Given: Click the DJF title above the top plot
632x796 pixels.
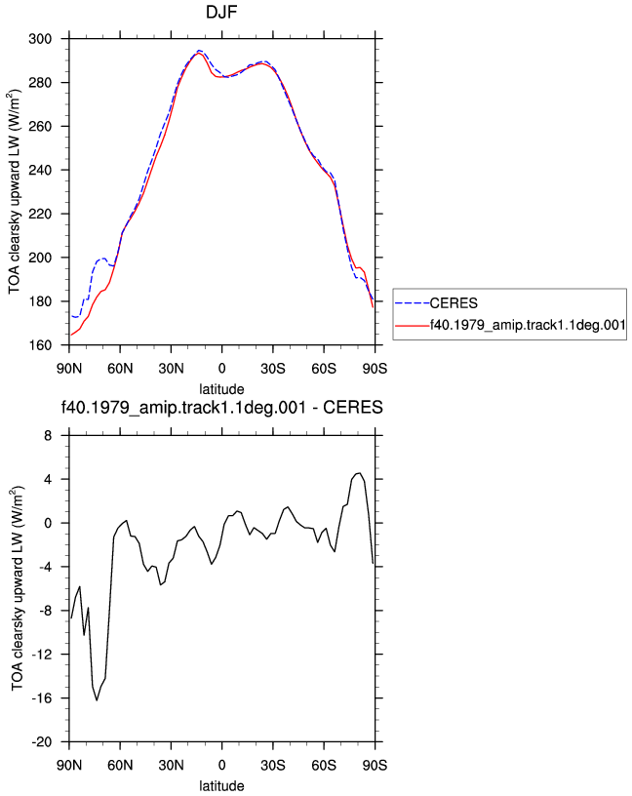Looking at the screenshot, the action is [221, 12].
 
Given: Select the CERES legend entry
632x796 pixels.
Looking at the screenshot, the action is [437, 303].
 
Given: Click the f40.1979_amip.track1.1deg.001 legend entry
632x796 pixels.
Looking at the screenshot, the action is [510, 325].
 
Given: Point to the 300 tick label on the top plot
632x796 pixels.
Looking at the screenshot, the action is [40, 39].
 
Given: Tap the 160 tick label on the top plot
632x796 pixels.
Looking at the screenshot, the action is [40, 345].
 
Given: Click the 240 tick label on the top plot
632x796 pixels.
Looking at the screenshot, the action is [40, 170].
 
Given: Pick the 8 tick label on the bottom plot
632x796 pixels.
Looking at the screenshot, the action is [48, 436].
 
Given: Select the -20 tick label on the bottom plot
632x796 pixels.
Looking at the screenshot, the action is [42, 742].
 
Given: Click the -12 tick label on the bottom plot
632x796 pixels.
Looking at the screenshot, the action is [42, 655].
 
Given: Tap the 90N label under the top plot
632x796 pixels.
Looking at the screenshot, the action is [69, 369].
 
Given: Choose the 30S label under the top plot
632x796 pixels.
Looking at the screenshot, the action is [273, 369].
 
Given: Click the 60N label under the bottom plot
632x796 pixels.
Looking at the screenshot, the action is [120, 766].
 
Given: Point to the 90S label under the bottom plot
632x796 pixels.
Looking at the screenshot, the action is [375, 766].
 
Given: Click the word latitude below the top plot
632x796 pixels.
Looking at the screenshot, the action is [221, 389].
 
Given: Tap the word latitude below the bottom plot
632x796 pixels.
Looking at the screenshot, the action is [221, 786].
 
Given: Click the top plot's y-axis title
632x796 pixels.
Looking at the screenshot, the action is [15, 192].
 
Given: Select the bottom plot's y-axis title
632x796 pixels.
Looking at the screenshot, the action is [17, 588].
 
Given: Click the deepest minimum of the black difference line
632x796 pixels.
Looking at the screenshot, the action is [97, 700].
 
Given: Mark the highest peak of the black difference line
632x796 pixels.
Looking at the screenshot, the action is [360, 473].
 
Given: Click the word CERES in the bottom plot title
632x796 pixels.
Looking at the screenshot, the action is [353, 407].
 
